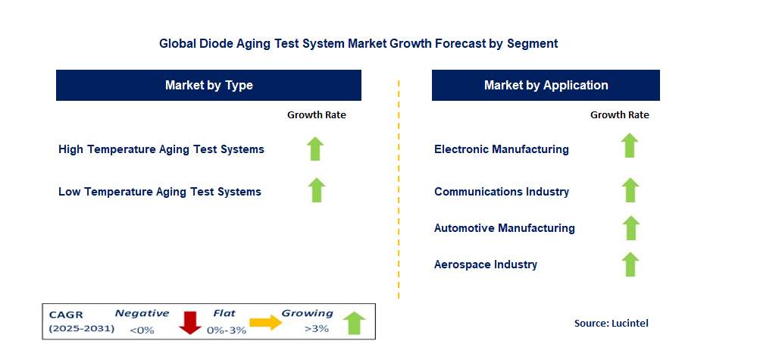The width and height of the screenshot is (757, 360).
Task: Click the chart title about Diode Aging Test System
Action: click(x=358, y=43)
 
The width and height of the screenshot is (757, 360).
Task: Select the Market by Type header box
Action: click(x=208, y=86)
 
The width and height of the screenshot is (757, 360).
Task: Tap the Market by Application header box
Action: click(x=546, y=86)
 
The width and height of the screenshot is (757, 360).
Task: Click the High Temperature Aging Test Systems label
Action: click(x=161, y=149)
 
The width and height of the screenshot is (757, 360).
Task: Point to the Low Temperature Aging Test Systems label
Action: click(x=160, y=192)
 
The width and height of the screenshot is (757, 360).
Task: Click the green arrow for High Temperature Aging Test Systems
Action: click(x=315, y=149)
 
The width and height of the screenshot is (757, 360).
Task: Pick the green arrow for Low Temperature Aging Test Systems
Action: click(x=316, y=190)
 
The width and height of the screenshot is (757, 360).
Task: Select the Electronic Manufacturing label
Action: click(x=502, y=149)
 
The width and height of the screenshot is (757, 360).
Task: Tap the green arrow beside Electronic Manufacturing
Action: click(x=629, y=146)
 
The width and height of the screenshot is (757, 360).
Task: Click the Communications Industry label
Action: click(x=502, y=192)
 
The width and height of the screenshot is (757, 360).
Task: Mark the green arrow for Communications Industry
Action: click(x=630, y=190)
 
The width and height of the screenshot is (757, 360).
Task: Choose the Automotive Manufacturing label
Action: click(x=505, y=228)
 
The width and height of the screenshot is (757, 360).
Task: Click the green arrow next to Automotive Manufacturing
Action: click(x=630, y=228)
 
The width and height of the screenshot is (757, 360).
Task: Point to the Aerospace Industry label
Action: click(x=486, y=265)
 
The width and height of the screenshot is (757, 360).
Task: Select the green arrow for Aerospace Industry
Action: click(x=630, y=265)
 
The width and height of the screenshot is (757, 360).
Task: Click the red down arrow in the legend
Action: click(x=190, y=323)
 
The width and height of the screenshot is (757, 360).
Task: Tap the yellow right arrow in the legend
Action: click(x=265, y=322)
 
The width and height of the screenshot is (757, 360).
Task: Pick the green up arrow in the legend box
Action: click(x=355, y=323)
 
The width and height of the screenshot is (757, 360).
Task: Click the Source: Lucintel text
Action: click(x=612, y=324)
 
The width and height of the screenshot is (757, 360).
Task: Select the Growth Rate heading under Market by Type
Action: click(x=317, y=115)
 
